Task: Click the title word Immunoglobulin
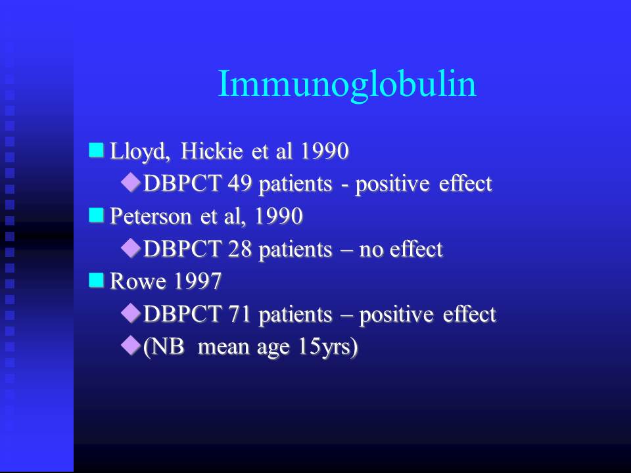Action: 347,85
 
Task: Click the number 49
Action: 240,183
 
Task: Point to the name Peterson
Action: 151,216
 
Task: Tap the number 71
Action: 240,314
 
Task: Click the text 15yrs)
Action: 327,347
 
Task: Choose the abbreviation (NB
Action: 164,347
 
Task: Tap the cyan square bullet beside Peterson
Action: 97,215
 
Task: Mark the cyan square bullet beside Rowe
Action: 97,280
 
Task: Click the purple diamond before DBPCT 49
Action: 131,183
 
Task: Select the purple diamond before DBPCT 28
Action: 131,248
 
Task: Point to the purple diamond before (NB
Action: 131,346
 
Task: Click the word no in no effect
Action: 371,250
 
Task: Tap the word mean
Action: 223,348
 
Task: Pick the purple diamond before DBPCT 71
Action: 131,313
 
